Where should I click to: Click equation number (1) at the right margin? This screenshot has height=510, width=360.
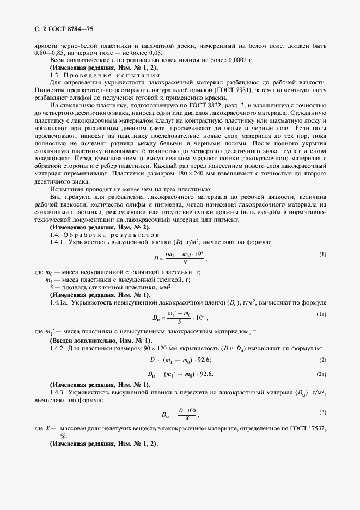click(x=322, y=254)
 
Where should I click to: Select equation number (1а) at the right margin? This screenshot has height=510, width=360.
click(x=321, y=314)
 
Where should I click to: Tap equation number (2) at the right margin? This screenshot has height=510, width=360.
click(x=322, y=360)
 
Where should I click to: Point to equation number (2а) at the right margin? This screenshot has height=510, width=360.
click(x=321, y=374)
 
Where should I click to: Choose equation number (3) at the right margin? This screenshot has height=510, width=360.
click(x=322, y=411)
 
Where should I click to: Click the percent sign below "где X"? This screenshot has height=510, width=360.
click(x=63, y=436)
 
